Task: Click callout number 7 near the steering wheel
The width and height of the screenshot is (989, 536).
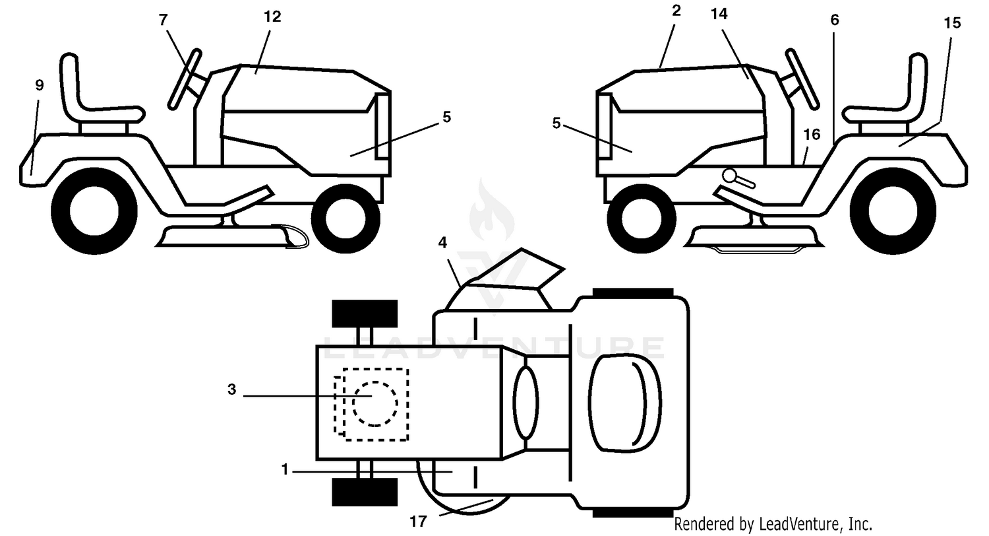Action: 164,20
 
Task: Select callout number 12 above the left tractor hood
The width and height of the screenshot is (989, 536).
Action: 272,17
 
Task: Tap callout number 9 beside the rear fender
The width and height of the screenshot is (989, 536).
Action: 40,85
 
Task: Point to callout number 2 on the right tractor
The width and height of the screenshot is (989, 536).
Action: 676,11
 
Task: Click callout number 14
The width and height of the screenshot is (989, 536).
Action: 719,14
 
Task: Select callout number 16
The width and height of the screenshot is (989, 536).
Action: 812,135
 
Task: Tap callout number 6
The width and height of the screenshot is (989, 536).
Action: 835,20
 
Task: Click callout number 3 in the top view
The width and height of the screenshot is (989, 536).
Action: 232,389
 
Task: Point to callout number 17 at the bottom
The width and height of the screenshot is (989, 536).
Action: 418,522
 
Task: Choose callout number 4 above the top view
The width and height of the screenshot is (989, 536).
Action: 442,243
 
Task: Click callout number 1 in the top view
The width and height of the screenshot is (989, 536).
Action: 285,469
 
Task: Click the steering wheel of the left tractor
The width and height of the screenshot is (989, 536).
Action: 185,79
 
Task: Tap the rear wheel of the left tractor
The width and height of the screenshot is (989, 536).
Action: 94,211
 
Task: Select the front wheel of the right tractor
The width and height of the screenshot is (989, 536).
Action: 642,218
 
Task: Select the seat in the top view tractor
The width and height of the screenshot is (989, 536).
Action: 625,403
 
